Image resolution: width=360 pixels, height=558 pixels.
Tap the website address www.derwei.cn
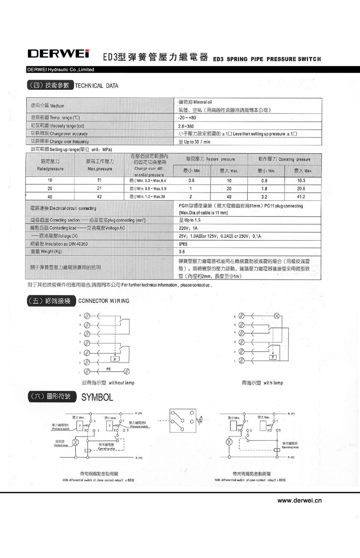pyautogui.click(x=300, y=501)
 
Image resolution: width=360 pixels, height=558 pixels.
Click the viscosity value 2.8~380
pyautogui.click(x=186, y=126)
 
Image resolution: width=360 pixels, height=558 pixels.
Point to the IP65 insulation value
pyautogui.click(x=183, y=243)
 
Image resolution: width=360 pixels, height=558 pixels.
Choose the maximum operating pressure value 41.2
pyautogui.click(x=301, y=196)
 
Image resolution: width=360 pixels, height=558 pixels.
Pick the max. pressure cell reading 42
pyautogui.click(x=99, y=196)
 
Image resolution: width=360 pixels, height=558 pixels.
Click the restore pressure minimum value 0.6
pyautogui.click(x=191, y=181)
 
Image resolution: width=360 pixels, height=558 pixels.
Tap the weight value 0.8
pyautogui.click(x=182, y=251)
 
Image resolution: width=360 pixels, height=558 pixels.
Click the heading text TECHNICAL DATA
pyautogui.click(x=96, y=86)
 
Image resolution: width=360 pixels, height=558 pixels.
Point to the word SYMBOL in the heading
pyautogui.click(x=97, y=398)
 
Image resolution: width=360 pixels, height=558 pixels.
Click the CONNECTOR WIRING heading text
pyautogui.click(x=103, y=301)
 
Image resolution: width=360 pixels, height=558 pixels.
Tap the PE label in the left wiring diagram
pyautogui.click(x=109, y=368)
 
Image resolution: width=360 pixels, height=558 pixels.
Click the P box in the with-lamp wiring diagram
pyautogui.click(x=273, y=357)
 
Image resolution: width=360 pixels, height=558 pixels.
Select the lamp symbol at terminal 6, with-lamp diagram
pyautogui.click(x=276, y=317)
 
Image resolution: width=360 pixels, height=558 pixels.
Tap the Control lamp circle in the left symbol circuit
pyautogui.click(x=75, y=441)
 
